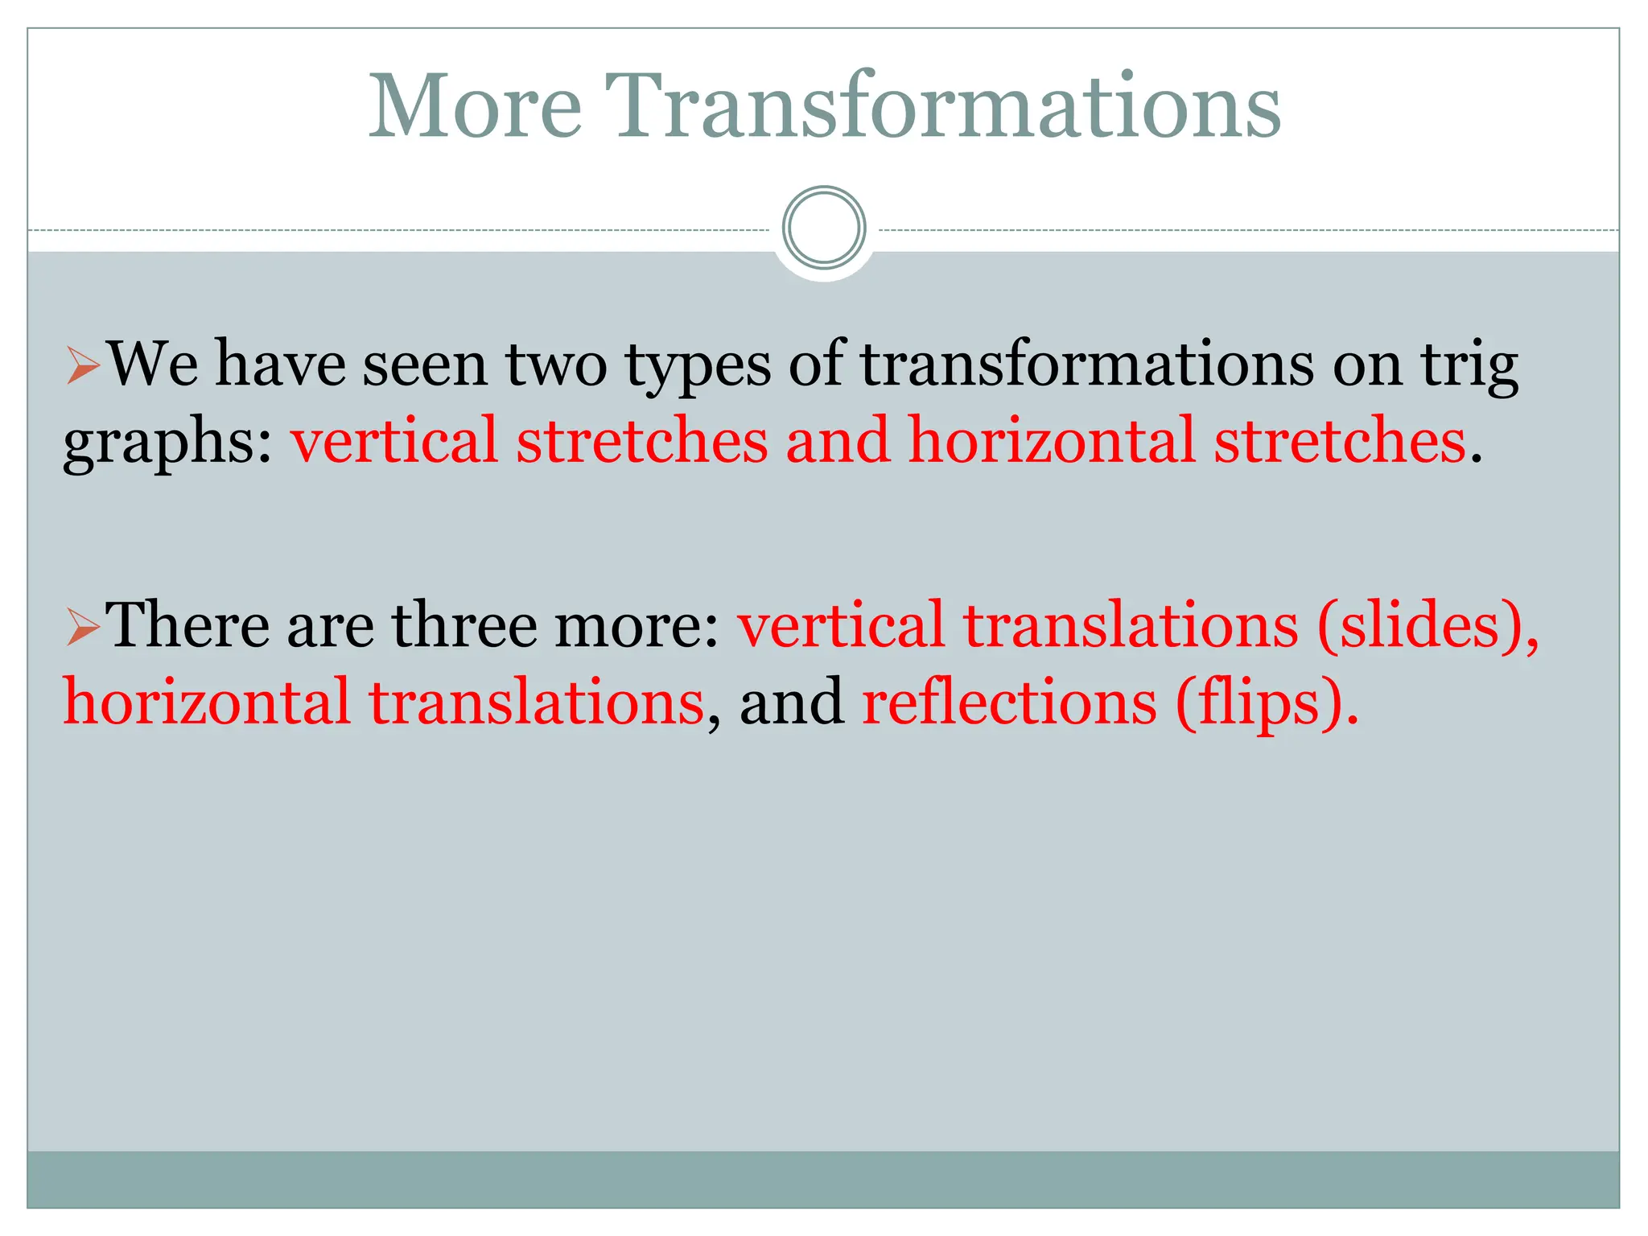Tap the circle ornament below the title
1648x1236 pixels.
[824, 228]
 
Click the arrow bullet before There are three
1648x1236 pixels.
[83, 628]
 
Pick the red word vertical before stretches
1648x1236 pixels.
[393, 441]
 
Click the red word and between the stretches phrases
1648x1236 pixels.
[837, 441]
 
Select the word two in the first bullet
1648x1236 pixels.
[557, 366]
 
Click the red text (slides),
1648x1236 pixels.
[1428, 625]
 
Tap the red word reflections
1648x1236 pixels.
[1009, 702]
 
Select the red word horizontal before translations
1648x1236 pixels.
[206, 702]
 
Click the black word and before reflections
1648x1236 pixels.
[791, 702]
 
